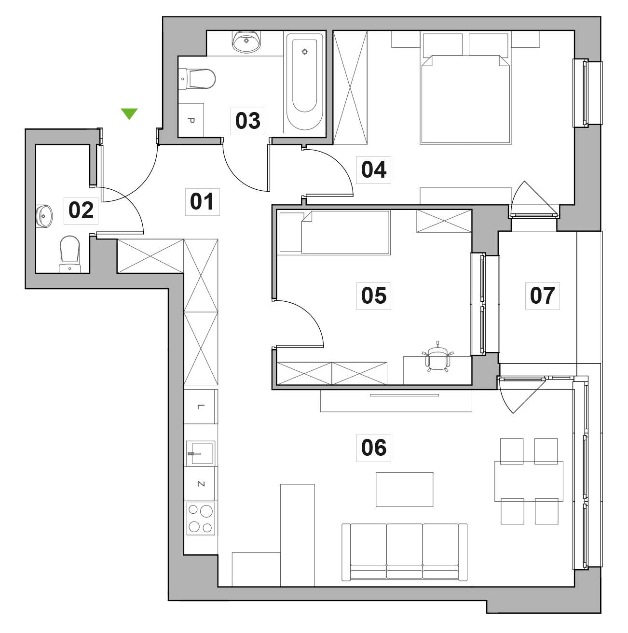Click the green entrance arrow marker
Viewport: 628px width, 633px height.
coord(129,113)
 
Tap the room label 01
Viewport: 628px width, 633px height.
coord(202,202)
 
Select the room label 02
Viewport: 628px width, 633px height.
coord(81,211)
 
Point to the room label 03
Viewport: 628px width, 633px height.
coord(248,121)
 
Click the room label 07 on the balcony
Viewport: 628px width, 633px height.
coord(542,295)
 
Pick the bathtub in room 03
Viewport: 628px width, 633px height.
coord(304,82)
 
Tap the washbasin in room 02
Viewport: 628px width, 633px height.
coord(44,216)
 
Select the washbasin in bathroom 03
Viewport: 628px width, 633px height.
coord(246,42)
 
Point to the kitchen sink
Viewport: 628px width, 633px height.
coord(201,453)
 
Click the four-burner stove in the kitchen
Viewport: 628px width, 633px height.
coord(201,518)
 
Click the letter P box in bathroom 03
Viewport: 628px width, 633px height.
coord(191,120)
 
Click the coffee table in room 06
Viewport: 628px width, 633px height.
coord(404,490)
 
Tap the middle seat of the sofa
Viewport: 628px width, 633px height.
coord(404,550)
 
